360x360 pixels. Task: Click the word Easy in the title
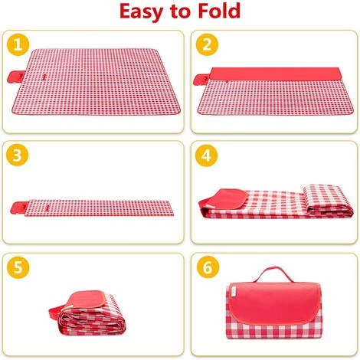141,11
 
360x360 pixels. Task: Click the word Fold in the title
219,11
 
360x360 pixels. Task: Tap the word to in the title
180,11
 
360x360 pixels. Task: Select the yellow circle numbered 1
18,44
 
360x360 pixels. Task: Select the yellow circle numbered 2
207,44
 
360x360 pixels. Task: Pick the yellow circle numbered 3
18,155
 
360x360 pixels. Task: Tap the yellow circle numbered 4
206,155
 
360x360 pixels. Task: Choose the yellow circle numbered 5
18,267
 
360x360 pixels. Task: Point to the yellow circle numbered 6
208,267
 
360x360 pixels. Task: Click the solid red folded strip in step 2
276,74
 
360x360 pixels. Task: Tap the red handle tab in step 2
201,80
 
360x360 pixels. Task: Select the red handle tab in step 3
19,208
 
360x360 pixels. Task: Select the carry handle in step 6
274,274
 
